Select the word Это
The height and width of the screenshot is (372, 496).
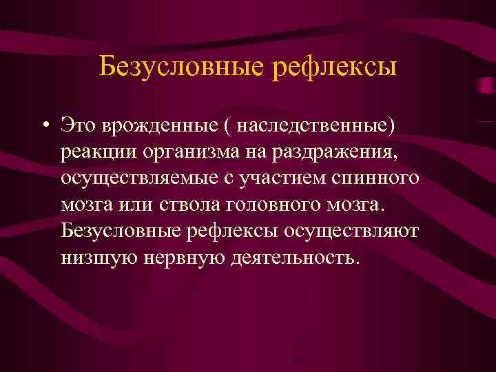(78, 126)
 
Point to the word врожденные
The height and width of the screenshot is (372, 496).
(154, 126)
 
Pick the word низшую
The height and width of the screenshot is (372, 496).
(96, 257)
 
